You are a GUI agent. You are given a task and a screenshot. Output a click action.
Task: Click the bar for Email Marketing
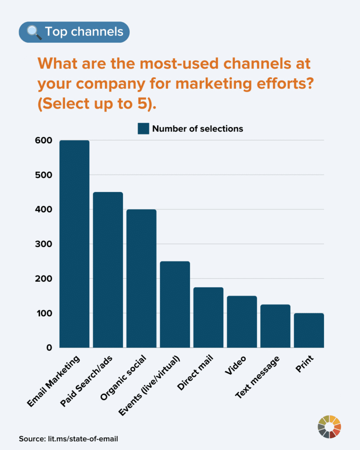click(x=74, y=244)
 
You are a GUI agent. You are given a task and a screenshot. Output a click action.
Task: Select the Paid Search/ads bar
click(x=108, y=270)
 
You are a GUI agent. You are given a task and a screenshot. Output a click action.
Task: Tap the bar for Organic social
click(x=141, y=279)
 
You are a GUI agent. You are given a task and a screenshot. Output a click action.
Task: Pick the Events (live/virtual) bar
click(x=175, y=305)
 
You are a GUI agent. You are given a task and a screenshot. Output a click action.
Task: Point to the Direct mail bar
click(x=208, y=317)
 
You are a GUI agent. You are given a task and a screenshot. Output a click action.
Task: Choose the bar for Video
click(x=242, y=322)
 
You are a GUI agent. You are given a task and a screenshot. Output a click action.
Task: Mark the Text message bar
click(x=275, y=326)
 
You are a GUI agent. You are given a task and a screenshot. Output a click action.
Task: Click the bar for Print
click(x=309, y=330)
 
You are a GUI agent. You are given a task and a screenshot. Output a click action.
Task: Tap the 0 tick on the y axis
click(x=49, y=348)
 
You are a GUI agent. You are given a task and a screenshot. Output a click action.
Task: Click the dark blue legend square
click(x=143, y=129)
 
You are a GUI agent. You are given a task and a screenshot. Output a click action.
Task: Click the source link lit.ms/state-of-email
click(x=81, y=439)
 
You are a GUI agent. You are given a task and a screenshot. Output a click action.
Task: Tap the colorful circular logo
click(x=329, y=426)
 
